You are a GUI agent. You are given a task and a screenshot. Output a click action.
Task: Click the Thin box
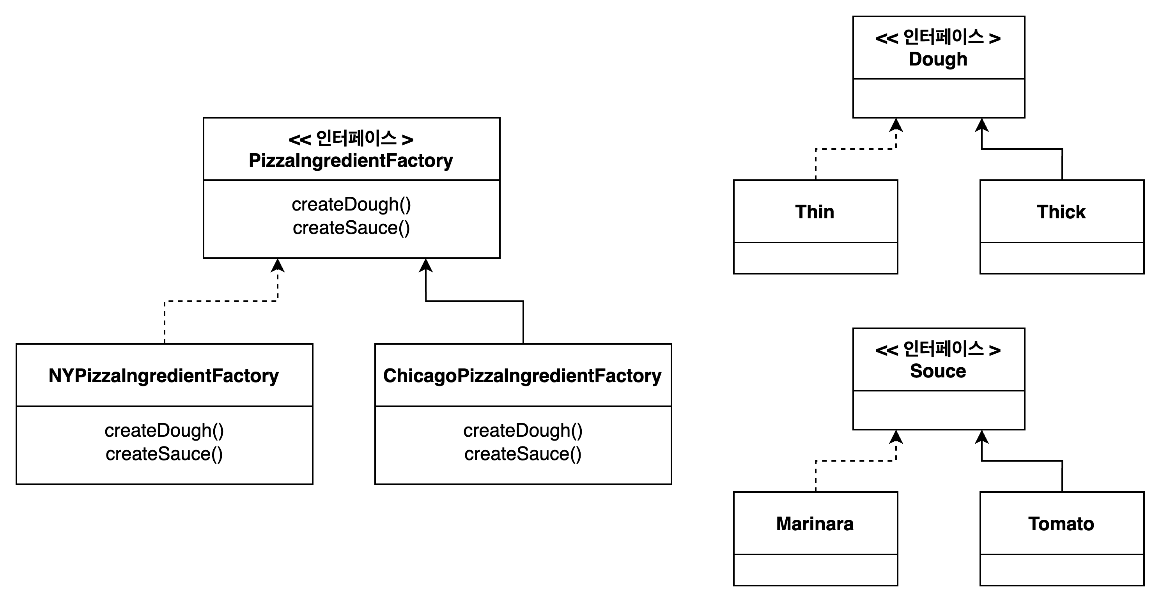click(815, 211)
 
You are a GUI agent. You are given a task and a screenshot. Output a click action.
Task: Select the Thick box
click(1061, 211)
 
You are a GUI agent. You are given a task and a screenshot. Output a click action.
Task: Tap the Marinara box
click(815, 524)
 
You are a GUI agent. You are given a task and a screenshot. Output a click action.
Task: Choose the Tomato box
click(1061, 524)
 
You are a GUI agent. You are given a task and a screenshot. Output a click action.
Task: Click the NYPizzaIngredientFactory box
click(164, 375)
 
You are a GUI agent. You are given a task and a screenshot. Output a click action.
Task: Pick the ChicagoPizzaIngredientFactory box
click(523, 375)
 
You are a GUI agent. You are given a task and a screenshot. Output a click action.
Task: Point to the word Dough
click(938, 59)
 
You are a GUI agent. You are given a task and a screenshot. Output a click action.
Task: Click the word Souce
click(938, 371)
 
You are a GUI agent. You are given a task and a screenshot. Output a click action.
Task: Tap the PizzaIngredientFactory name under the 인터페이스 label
click(351, 161)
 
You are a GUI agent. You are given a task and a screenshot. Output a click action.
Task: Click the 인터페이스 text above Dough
click(943, 37)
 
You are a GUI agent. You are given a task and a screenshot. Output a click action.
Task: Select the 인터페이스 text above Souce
click(943, 349)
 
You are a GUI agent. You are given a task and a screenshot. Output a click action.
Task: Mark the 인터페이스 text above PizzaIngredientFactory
click(356, 138)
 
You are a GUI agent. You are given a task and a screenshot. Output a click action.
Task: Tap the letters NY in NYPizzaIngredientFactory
click(61, 375)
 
